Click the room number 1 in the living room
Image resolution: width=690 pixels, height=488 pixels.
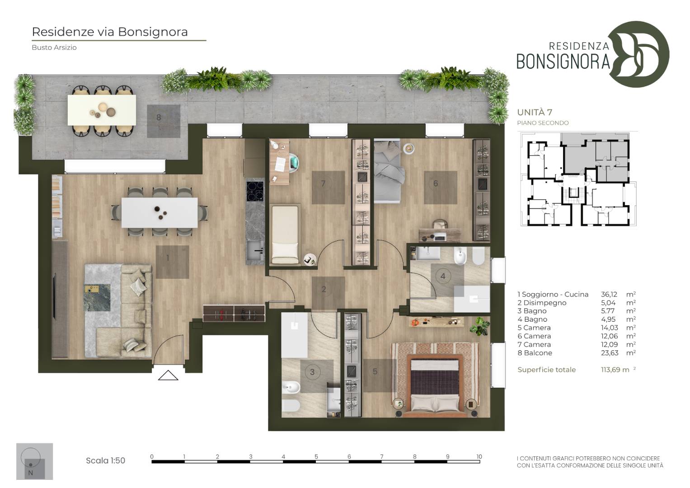[x=168, y=258]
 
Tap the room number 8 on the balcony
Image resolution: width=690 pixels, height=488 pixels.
[x=159, y=117]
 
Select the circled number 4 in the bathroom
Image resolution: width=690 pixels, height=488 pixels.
[x=443, y=277]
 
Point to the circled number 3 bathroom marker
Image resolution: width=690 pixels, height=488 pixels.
[x=312, y=372]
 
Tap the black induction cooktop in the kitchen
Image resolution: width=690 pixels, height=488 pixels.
[x=255, y=191]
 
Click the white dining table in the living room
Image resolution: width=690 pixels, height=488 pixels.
[x=160, y=212]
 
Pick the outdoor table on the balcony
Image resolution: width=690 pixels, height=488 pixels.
[x=102, y=110]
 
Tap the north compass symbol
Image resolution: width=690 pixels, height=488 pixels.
[x=34, y=461]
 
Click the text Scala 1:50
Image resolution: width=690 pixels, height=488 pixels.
[x=105, y=460]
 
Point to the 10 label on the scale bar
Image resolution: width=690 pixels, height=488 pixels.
[x=479, y=456]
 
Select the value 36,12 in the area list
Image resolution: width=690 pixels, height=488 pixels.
[x=609, y=295]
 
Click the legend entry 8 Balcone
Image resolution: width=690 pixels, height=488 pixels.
[x=535, y=353]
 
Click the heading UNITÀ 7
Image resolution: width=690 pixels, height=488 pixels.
[x=535, y=112]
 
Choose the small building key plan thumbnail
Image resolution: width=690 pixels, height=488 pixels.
[x=578, y=180]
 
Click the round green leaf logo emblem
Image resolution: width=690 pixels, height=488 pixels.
[x=639, y=54]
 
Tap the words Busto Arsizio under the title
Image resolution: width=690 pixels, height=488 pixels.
[x=54, y=47]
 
